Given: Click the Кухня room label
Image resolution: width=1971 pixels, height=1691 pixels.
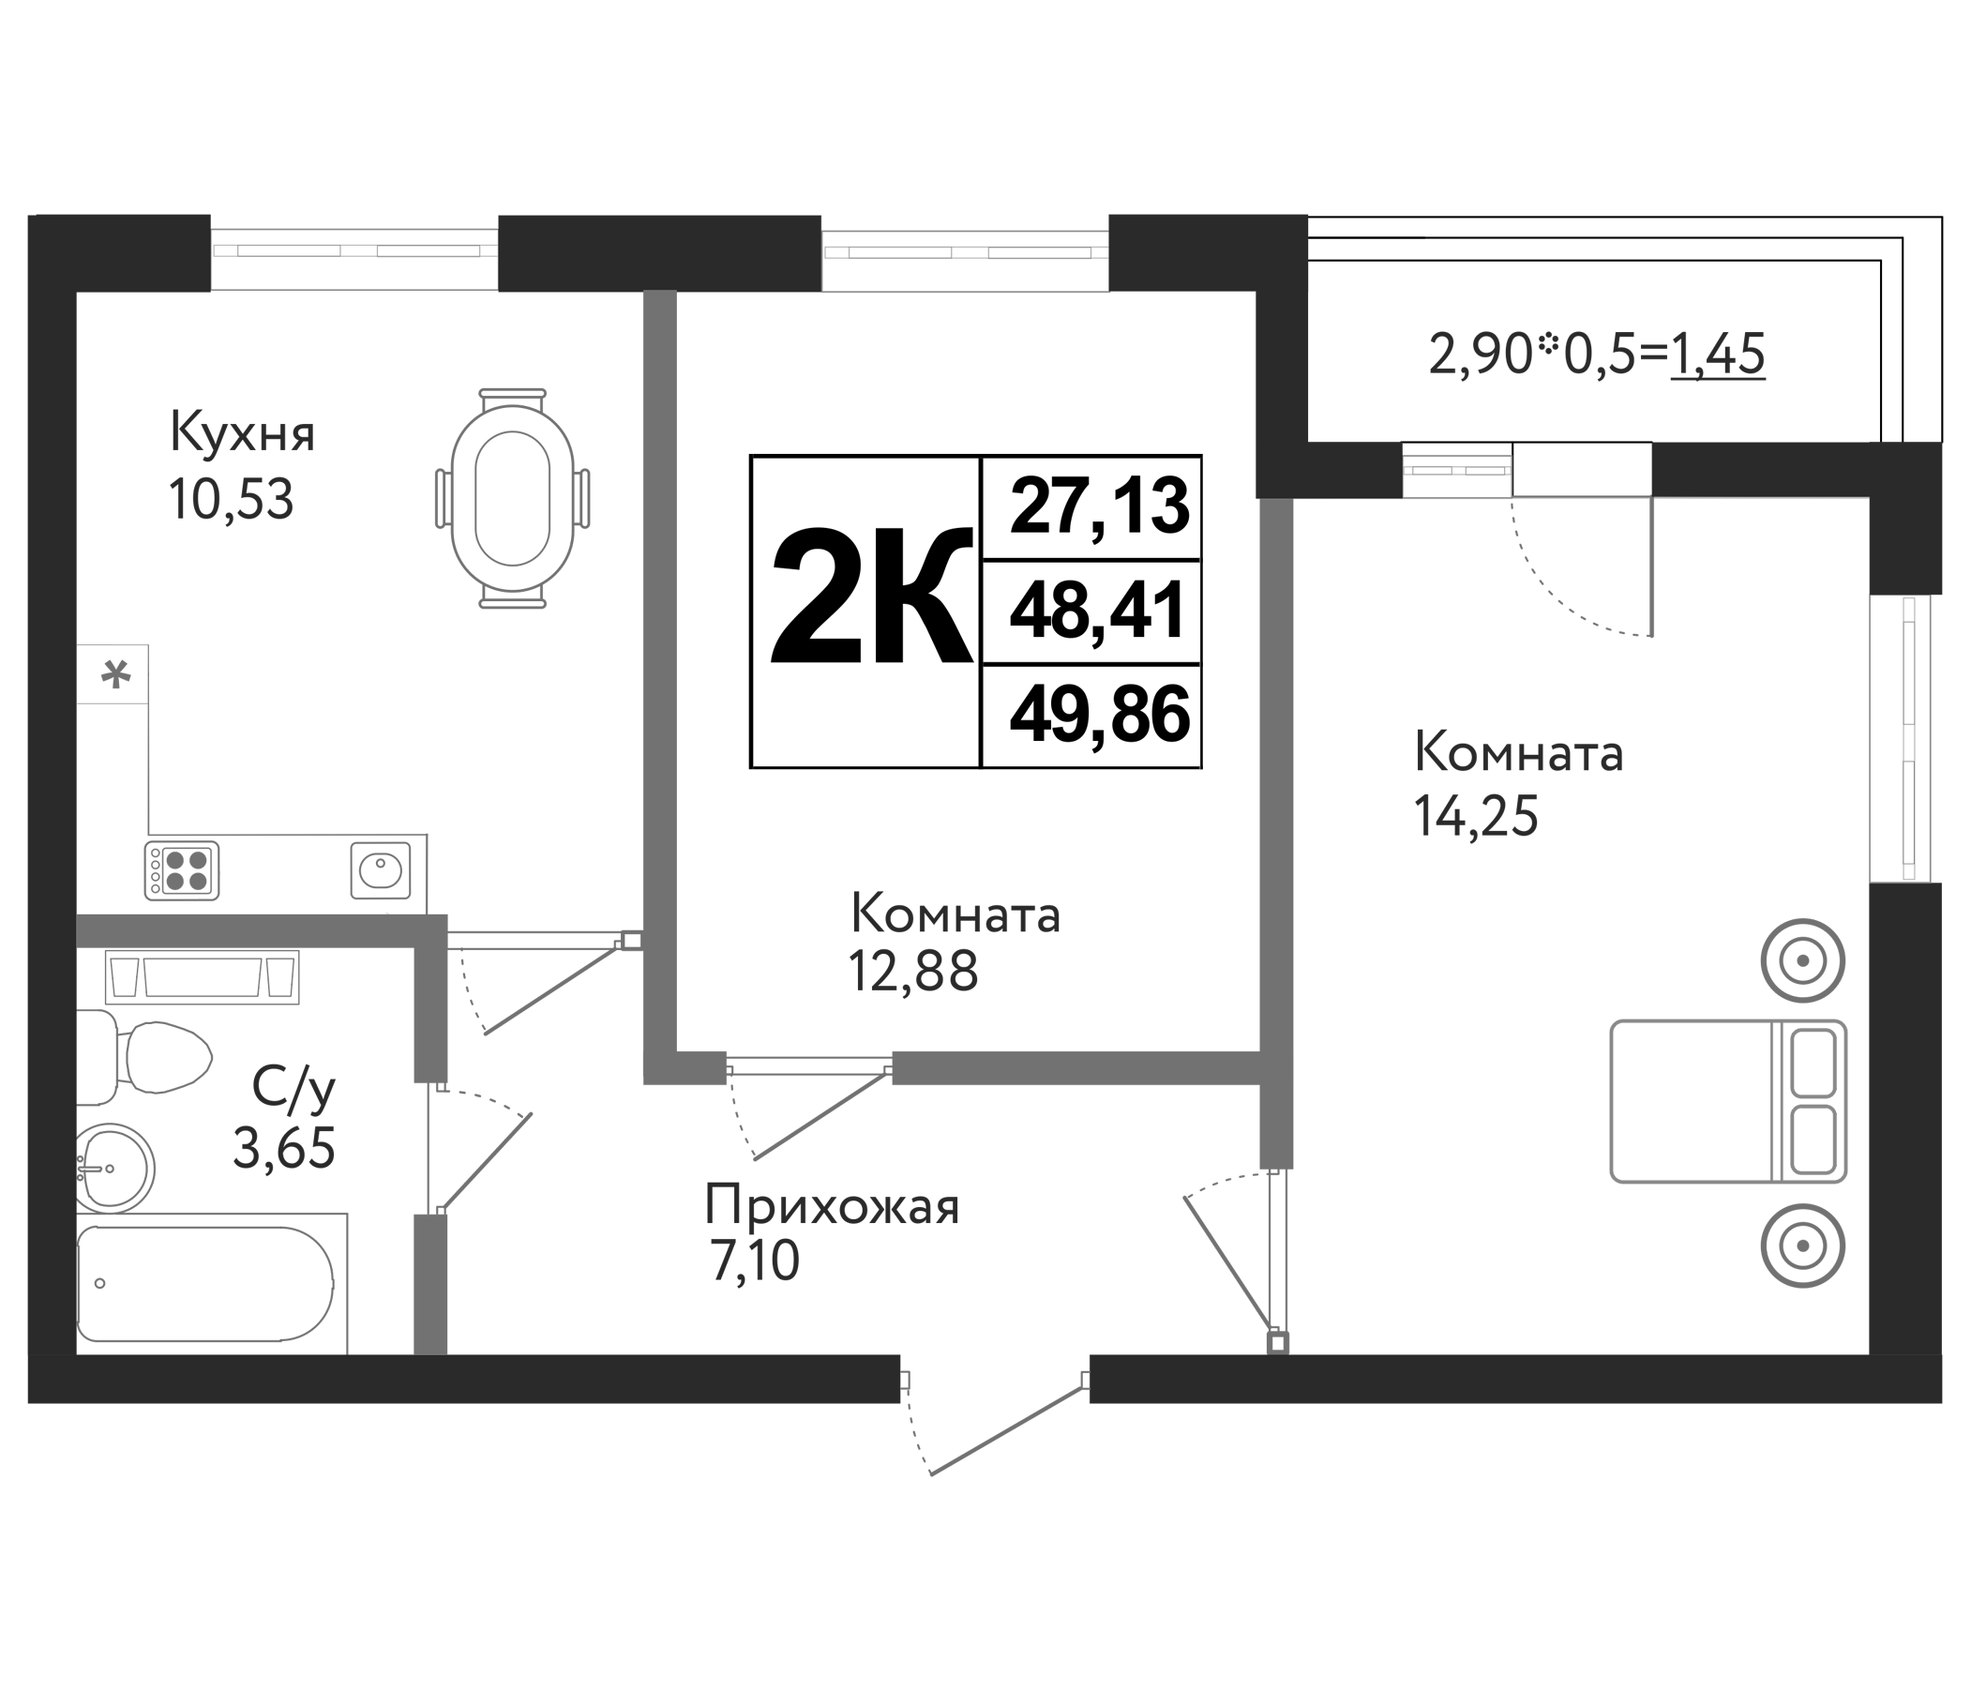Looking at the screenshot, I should (x=242, y=433).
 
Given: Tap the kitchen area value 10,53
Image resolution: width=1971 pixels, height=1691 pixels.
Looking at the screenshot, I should (x=232, y=500).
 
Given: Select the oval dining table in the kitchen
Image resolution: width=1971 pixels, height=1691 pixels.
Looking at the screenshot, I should (x=513, y=499).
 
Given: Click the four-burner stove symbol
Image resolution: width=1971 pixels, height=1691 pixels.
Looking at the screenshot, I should (x=182, y=869).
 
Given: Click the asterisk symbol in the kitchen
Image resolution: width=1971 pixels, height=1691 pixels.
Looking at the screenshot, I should (x=115, y=676).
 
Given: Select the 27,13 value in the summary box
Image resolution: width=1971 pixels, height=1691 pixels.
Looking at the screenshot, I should (x=1099, y=506).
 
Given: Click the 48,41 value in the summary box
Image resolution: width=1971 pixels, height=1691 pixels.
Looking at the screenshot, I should (x=1099, y=611).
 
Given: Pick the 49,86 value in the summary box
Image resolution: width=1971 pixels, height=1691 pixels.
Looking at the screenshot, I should (x=1099, y=716).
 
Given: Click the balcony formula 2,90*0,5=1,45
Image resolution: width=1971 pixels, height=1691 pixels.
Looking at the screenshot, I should (x=1596, y=354).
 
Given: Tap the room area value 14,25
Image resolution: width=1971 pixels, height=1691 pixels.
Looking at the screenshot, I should (x=1475, y=817).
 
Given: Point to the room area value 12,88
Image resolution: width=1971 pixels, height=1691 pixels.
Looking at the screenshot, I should (x=913, y=972).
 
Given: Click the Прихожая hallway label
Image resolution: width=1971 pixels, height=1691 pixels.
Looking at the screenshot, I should (x=832, y=1207).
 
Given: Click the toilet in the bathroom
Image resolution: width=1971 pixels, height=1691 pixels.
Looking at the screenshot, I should (x=152, y=1057).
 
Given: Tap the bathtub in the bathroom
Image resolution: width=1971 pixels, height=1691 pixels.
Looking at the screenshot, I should (x=204, y=1283).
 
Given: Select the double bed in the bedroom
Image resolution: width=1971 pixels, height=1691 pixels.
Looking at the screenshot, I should (x=1727, y=1101).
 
